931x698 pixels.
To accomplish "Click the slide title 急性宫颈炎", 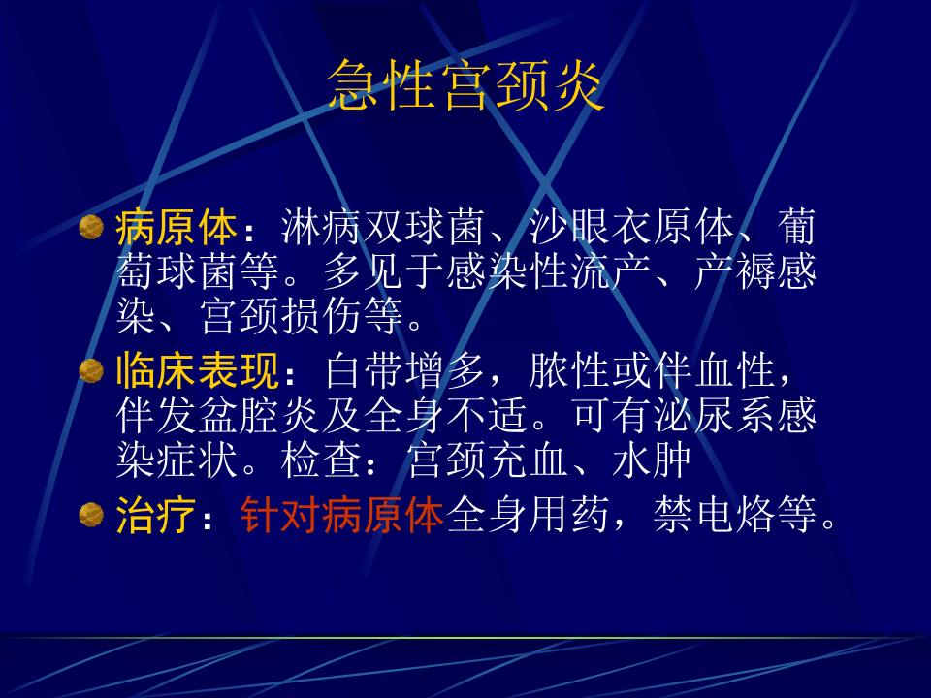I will tap(466, 85).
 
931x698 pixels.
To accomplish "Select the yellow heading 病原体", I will tap(176, 229).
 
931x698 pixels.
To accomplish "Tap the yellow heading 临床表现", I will tap(197, 371).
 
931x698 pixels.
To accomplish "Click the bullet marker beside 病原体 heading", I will tap(91, 228).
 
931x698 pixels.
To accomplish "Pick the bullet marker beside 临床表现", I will tap(91, 370).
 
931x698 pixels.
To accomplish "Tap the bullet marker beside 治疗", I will tap(91, 513).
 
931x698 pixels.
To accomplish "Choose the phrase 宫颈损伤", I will tap(280, 318).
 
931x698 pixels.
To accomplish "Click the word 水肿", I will tap(652, 461).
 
